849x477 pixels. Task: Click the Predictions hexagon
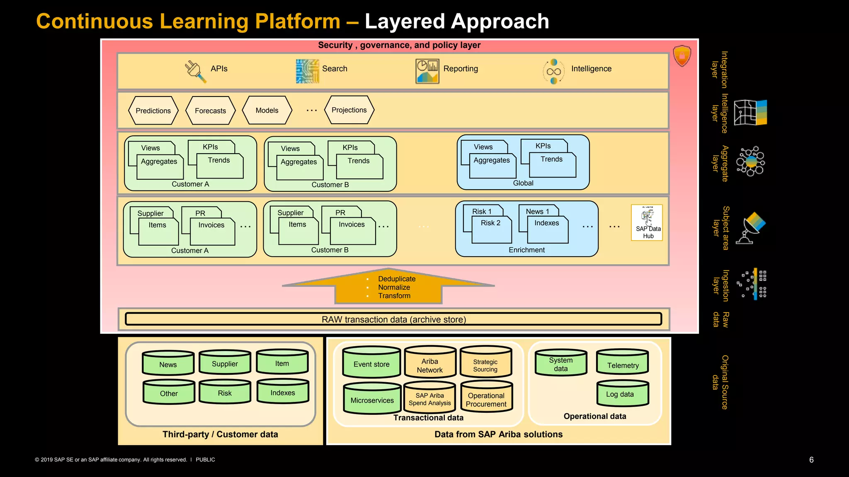(153, 111)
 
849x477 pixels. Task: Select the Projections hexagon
(349, 110)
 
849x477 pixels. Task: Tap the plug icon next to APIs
(195, 71)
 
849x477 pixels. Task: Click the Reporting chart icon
(427, 71)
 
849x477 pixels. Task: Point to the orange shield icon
(682, 56)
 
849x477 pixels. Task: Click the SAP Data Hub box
(647, 222)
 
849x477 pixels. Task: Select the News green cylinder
(168, 364)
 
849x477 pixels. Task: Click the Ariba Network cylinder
(430, 363)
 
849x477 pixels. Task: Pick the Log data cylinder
(622, 393)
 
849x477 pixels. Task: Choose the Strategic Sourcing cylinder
(485, 363)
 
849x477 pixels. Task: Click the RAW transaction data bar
(393, 319)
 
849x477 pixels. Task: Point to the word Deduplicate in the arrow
(396, 279)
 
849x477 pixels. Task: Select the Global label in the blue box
(523, 183)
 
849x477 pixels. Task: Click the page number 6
(811, 460)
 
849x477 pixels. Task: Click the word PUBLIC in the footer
(205, 460)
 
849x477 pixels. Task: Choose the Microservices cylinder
(372, 399)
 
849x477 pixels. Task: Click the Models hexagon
(267, 110)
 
